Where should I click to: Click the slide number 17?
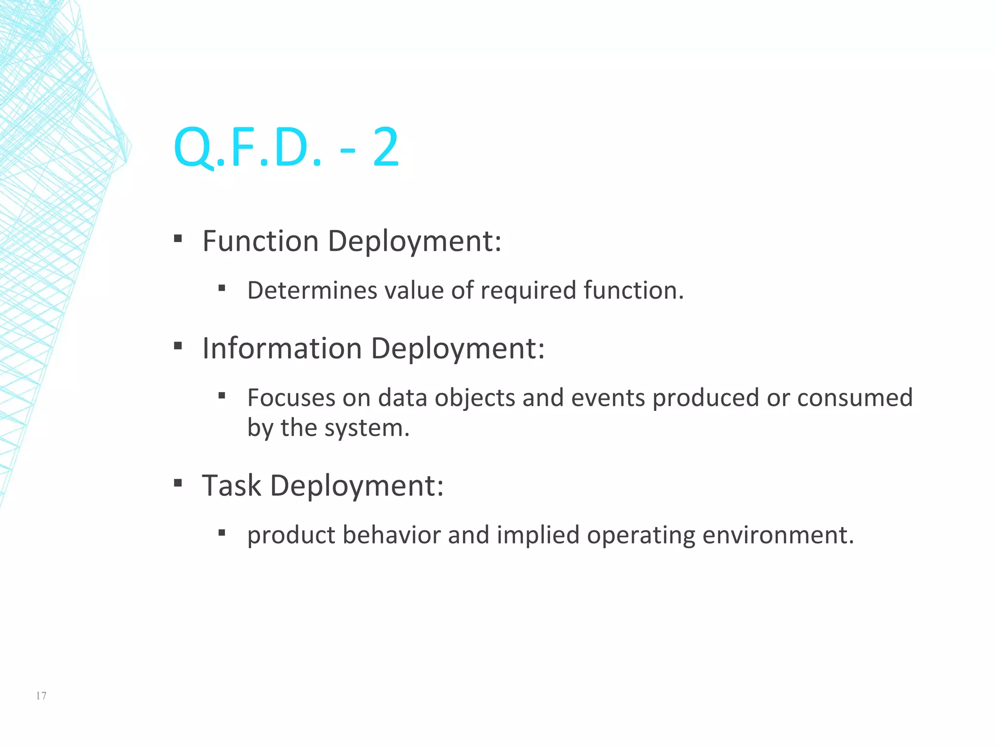click(41, 696)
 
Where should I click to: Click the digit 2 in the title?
click(386, 148)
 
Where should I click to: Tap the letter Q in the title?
click(193, 148)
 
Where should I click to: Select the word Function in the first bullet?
click(260, 241)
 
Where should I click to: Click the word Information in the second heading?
click(282, 349)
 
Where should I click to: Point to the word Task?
click(232, 486)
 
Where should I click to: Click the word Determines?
click(312, 290)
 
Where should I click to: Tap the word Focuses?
click(291, 398)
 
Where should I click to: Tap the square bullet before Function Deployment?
click(178, 239)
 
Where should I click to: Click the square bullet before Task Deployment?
click(178, 483)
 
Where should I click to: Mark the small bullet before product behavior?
click(222, 533)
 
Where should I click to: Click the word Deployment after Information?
click(458, 349)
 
